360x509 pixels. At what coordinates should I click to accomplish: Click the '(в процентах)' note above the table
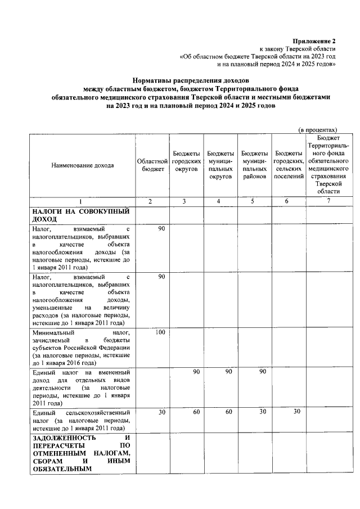(317, 129)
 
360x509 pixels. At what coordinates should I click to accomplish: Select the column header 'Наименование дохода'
(82, 165)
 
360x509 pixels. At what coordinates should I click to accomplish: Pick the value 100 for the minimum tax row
(160, 333)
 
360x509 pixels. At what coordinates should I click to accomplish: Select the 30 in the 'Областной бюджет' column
(161, 413)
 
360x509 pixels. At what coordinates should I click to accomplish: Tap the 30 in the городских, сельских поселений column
(298, 413)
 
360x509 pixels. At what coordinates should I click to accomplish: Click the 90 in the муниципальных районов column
(263, 372)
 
